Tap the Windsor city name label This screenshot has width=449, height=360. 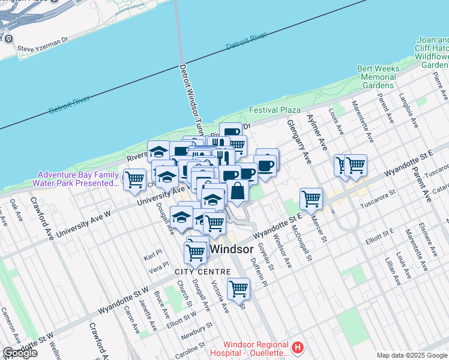click(x=236, y=248)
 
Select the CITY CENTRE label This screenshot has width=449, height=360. click(x=202, y=272)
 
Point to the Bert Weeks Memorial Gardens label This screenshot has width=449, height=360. click(x=378, y=77)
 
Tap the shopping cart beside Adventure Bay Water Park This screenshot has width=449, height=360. click(x=134, y=179)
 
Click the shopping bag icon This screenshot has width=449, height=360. click(x=238, y=191)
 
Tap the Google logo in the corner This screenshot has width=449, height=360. click(x=20, y=353)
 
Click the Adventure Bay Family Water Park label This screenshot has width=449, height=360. click(x=76, y=178)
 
